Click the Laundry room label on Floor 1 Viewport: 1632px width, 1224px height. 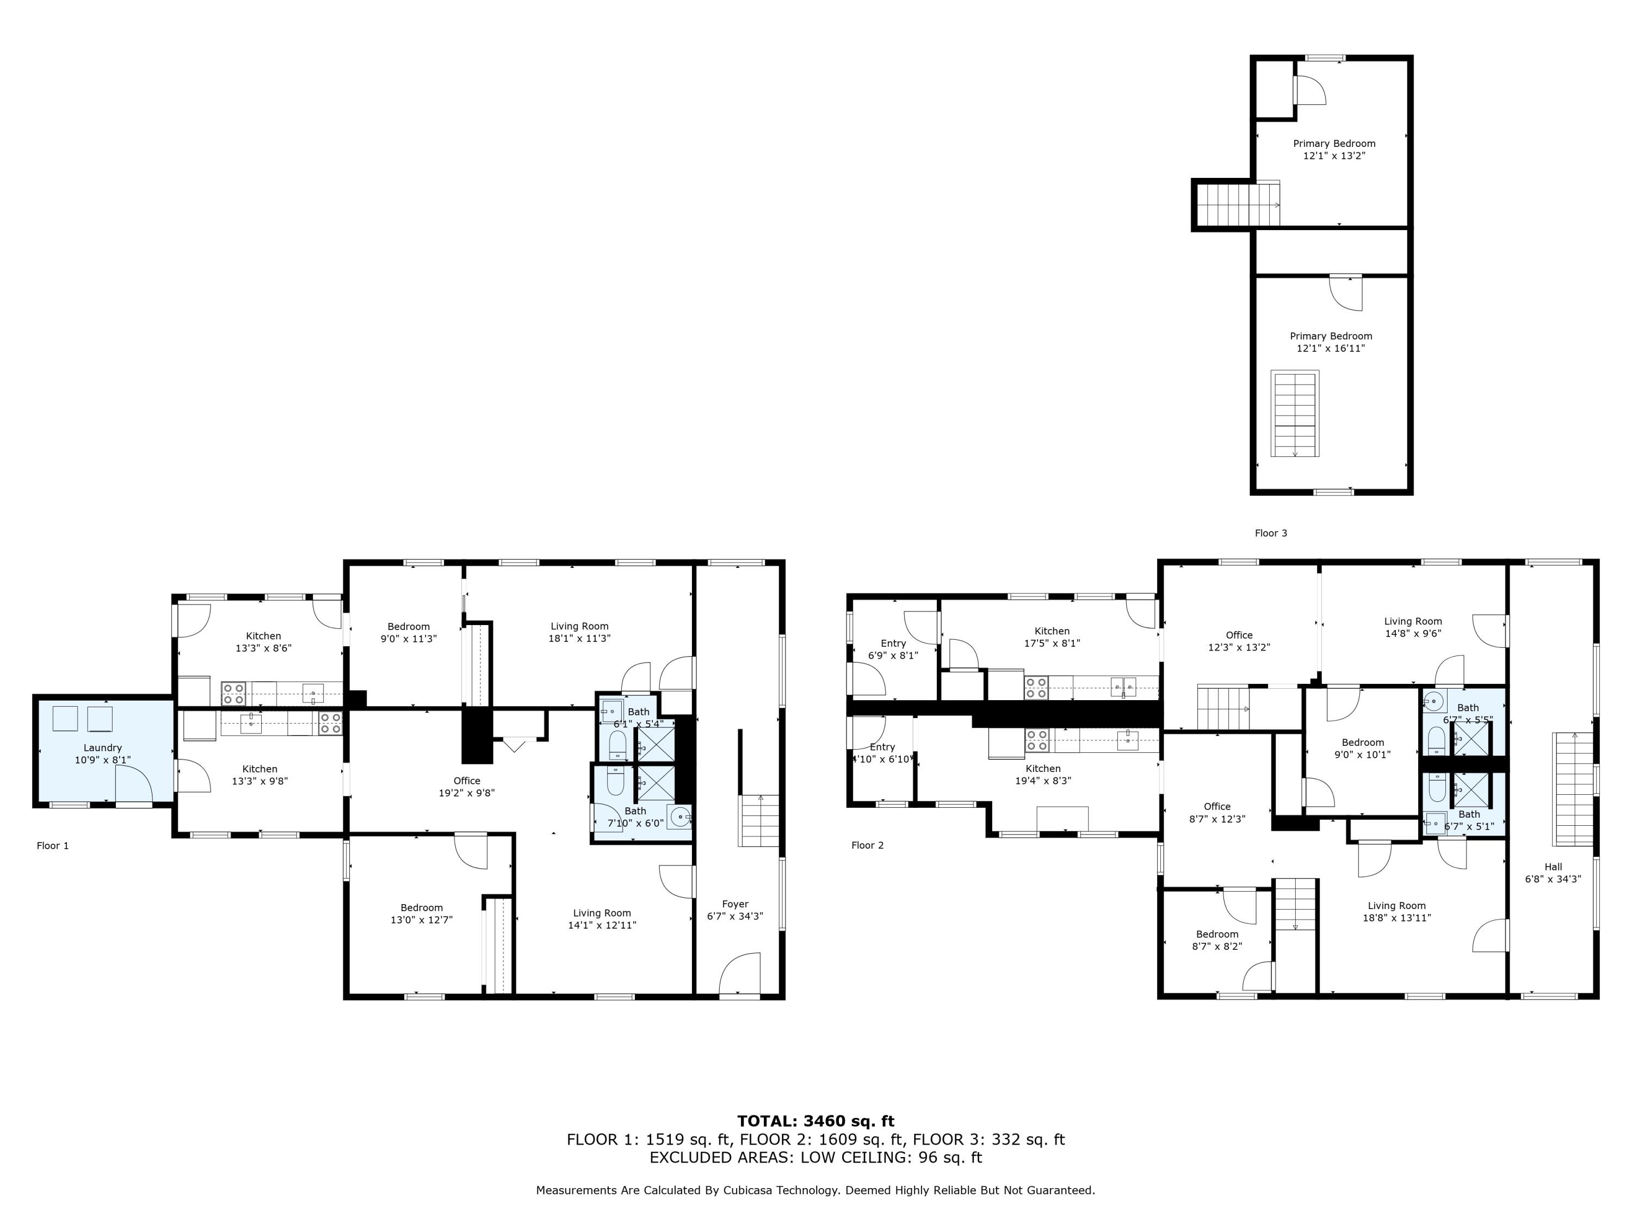pyautogui.click(x=103, y=753)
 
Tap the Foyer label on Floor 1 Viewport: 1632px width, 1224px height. pyautogui.click(x=735, y=910)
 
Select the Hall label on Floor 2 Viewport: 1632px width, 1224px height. pyautogui.click(x=1553, y=873)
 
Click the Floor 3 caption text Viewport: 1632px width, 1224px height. pyautogui.click(x=1270, y=533)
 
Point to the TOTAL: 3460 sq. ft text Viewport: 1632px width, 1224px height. pyautogui.click(x=815, y=1121)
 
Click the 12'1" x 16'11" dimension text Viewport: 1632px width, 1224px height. pyautogui.click(x=1331, y=348)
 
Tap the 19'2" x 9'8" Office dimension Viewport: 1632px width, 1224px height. pyautogui.click(x=466, y=793)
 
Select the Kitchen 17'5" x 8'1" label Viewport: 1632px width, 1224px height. pyautogui.click(x=1052, y=636)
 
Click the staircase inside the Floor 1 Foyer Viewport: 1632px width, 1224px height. pyautogui.click(x=759, y=820)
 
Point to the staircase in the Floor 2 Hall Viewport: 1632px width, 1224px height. pyautogui.click(x=1574, y=789)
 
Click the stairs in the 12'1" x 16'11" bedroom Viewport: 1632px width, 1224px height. pyautogui.click(x=1295, y=414)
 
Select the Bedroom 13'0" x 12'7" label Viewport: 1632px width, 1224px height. pyautogui.click(x=421, y=913)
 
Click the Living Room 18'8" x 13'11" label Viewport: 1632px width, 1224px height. pyautogui.click(x=1396, y=911)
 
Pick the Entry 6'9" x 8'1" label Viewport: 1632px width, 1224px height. pyautogui.click(x=893, y=648)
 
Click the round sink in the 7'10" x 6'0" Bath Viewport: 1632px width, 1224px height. pyautogui.click(x=679, y=816)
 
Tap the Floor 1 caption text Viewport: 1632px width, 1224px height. pyautogui.click(x=52, y=845)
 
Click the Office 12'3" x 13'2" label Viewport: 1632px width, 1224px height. pyautogui.click(x=1239, y=640)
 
